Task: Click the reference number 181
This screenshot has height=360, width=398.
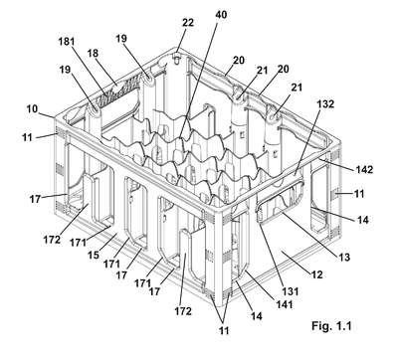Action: click(67, 42)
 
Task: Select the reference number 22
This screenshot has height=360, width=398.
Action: click(188, 23)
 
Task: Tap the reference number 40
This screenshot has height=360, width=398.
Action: click(221, 15)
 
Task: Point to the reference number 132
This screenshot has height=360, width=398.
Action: click(325, 103)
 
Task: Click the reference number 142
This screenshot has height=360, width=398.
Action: click(365, 170)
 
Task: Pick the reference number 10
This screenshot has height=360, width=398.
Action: click(32, 109)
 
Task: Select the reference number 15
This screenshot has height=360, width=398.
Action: click(94, 255)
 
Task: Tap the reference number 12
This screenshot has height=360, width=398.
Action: click(317, 274)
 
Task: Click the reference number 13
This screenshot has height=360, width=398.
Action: click(344, 257)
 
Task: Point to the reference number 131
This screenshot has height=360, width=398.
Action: click(290, 291)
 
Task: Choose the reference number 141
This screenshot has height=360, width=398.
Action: click(285, 304)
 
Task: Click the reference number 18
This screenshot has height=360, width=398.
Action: click(94, 53)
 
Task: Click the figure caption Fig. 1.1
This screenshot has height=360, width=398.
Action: click(331, 326)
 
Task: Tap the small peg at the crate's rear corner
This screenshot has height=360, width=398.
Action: click(178, 59)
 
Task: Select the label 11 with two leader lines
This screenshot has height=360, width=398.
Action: click(225, 330)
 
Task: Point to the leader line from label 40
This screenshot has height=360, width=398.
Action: click(200, 79)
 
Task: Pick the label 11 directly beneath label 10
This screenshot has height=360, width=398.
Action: click(27, 137)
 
